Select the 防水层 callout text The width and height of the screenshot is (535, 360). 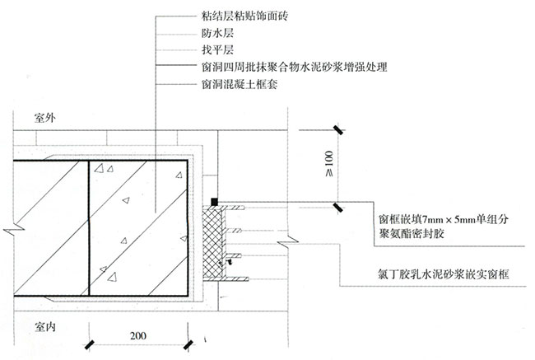[216, 35]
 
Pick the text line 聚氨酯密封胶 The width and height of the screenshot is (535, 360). [407, 235]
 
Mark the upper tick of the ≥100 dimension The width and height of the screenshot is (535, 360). [337, 129]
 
